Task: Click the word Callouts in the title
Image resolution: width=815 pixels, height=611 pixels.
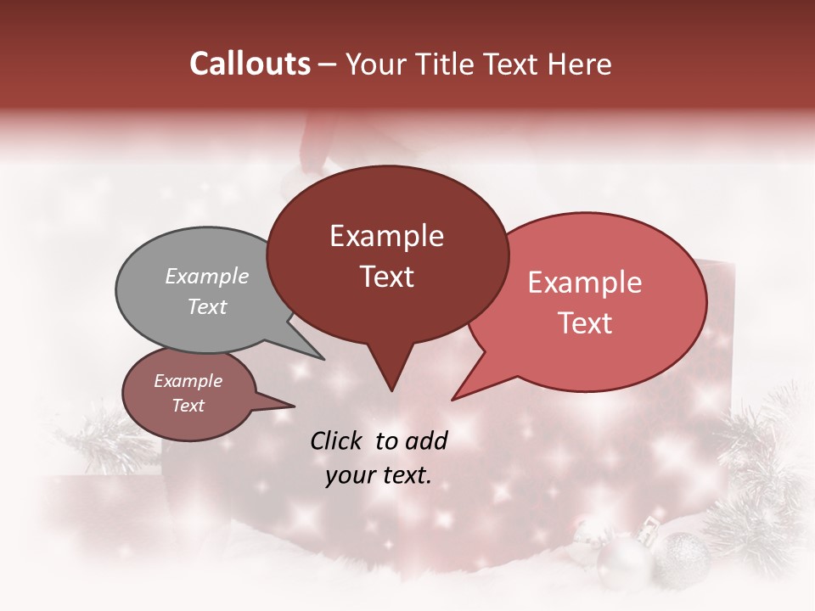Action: tap(250, 64)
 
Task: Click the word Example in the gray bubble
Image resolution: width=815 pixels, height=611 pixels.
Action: tap(206, 276)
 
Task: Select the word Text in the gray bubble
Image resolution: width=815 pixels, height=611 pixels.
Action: tap(206, 306)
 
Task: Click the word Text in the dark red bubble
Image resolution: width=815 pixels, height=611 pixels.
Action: tap(386, 276)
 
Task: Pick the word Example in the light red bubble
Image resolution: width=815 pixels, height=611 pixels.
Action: tap(585, 283)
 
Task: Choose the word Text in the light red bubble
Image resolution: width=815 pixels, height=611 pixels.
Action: tap(585, 322)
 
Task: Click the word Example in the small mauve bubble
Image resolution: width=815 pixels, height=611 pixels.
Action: tap(188, 381)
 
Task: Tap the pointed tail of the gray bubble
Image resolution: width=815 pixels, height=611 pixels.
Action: tap(321, 357)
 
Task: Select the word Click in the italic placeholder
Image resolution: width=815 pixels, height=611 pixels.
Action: tap(338, 440)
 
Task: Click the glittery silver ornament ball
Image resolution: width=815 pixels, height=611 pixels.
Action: tap(684, 557)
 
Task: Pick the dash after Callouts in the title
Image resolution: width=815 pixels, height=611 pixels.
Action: tap(329, 64)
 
